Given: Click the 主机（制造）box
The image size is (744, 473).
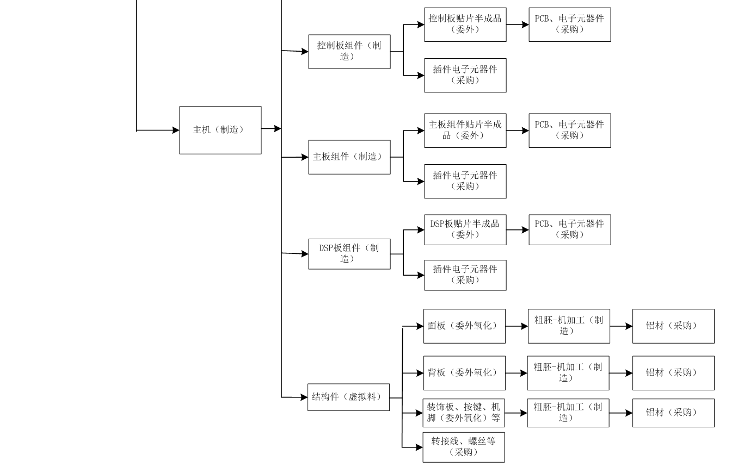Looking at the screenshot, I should point(220,130).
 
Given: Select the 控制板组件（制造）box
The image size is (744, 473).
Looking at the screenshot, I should point(349,52).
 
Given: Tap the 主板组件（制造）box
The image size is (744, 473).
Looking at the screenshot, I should point(349,157).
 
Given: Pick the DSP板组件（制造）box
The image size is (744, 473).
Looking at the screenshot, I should point(349,253).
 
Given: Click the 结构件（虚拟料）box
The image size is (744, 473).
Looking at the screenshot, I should point(348,397).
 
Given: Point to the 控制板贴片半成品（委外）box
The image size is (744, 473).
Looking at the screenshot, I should point(465,24).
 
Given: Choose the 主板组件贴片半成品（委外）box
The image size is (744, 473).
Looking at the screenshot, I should point(465,130).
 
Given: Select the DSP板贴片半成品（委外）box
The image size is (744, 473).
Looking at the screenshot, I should point(465,229).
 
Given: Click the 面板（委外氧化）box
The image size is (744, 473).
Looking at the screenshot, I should point(464,326).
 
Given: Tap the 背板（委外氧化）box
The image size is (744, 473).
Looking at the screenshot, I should point(464,373).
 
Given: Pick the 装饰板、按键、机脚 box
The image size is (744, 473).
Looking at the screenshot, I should point(464,413).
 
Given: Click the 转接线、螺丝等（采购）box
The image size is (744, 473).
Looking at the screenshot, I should point(463,447).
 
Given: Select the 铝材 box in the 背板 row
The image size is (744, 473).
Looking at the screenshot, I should point(673,373).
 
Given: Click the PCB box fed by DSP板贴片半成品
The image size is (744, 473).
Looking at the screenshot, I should point(569,229).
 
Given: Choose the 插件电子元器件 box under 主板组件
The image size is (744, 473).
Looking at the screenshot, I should point(465,181).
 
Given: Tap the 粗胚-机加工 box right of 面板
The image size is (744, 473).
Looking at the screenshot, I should point(568,326).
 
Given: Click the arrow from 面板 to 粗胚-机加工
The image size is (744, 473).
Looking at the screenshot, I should point(517,326).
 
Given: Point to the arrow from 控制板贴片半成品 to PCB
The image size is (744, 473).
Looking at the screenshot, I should point(517,25).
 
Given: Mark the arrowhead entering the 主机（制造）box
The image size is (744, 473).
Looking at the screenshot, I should point(175,130).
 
